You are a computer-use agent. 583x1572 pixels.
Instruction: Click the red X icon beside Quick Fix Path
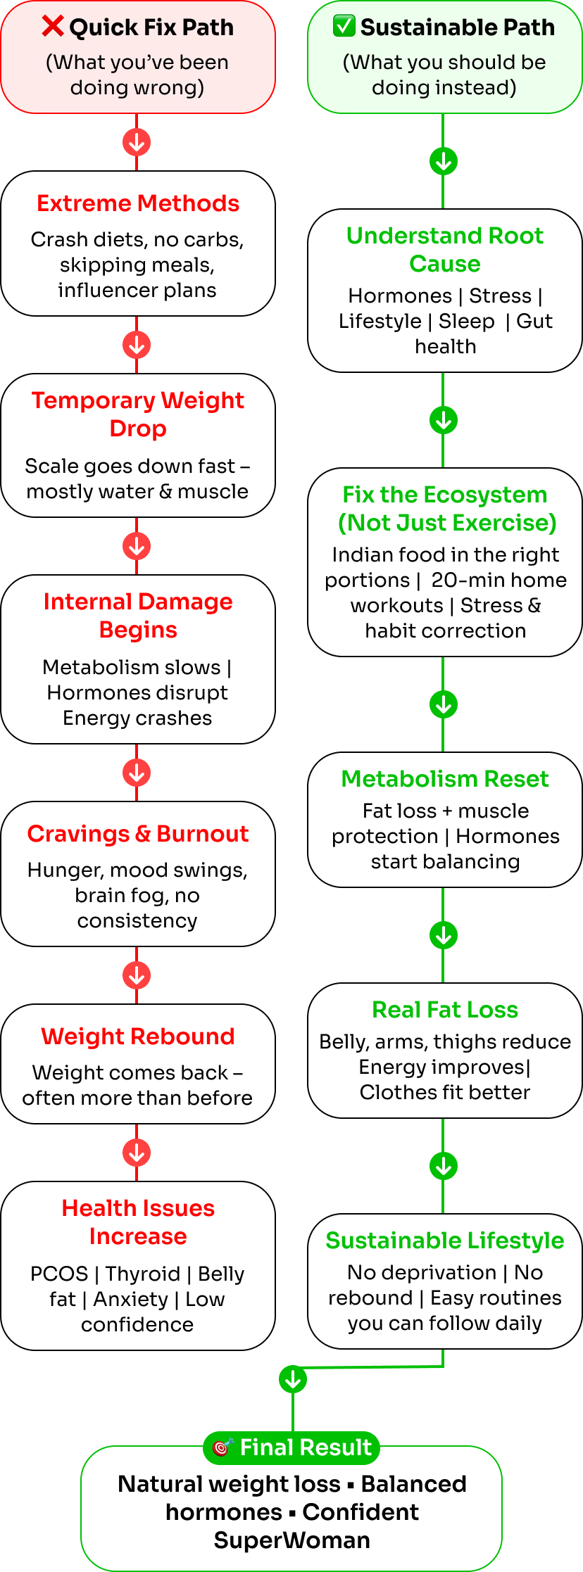53,26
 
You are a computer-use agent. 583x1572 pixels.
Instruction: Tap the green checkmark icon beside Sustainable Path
344,26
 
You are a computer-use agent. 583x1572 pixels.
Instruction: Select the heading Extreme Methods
138,203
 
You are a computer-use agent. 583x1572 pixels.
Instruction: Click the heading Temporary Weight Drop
138,414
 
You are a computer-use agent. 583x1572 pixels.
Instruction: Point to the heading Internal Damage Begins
138,615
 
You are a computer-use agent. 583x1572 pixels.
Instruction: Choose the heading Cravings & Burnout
138,834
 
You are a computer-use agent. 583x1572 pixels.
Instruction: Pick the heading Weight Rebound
138,1037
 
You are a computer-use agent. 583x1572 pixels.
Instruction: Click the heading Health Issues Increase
138,1222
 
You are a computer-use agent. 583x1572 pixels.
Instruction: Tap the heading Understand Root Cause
445,249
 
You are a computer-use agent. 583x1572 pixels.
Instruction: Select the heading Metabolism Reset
445,779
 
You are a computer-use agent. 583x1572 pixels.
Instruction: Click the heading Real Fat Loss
445,1010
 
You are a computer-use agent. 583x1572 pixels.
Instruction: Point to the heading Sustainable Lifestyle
445,1241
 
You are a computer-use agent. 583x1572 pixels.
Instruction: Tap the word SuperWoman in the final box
292,1540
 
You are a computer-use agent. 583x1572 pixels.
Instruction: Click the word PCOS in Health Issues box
59,1274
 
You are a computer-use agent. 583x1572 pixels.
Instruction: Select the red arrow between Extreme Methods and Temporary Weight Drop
137,345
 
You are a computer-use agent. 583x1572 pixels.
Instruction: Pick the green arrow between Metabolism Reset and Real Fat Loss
444,935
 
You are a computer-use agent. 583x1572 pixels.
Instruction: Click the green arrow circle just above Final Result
293,1380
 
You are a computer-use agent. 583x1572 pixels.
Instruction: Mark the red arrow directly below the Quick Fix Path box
137,142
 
